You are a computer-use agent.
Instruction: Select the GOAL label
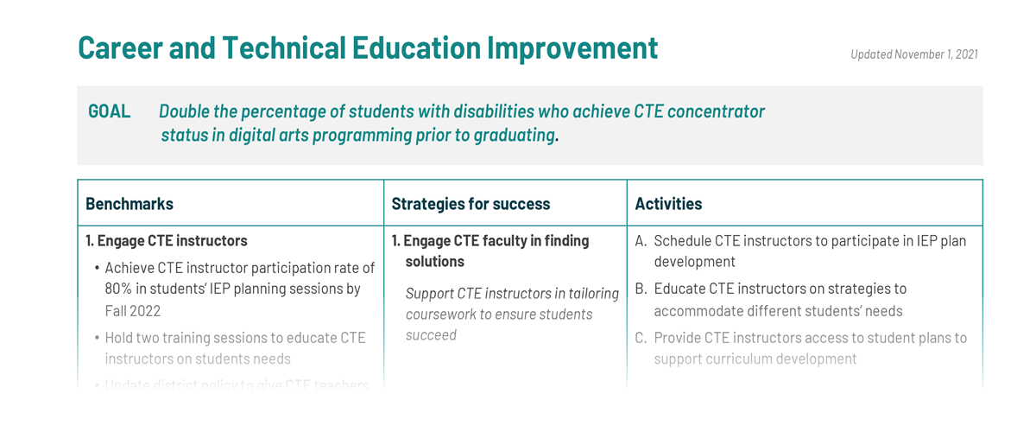point(109,111)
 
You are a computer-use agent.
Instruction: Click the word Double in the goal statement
point(186,111)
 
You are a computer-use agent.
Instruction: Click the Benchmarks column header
point(129,204)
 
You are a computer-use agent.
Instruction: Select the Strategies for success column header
point(471,204)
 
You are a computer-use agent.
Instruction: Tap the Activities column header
point(668,204)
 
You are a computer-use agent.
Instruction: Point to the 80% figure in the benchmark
point(121,289)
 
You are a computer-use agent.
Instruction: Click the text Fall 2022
point(133,310)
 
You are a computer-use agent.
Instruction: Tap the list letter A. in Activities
point(641,241)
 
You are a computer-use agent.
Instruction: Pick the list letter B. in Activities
point(641,289)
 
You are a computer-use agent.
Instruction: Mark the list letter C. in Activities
point(641,338)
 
